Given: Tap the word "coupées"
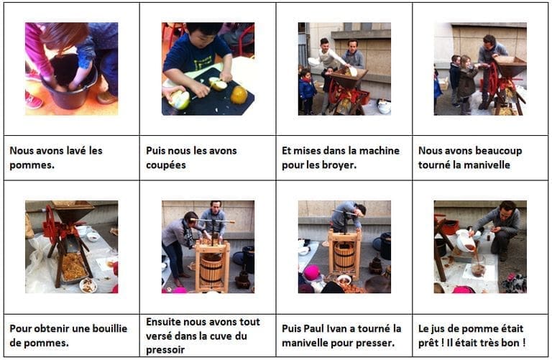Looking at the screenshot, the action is (x=165, y=165).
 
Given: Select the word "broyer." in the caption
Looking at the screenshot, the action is (x=338, y=165).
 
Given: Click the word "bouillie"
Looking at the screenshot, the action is (x=109, y=328).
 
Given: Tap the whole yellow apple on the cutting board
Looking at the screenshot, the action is (x=239, y=95).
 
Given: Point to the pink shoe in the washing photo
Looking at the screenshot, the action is (x=34, y=101).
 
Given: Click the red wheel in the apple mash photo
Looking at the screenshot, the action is (x=51, y=226).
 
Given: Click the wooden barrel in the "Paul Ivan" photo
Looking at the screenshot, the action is (x=344, y=257).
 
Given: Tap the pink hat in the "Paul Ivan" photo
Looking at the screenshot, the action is (x=312, y=273).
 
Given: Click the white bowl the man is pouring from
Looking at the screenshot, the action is (x=466, y=240).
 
